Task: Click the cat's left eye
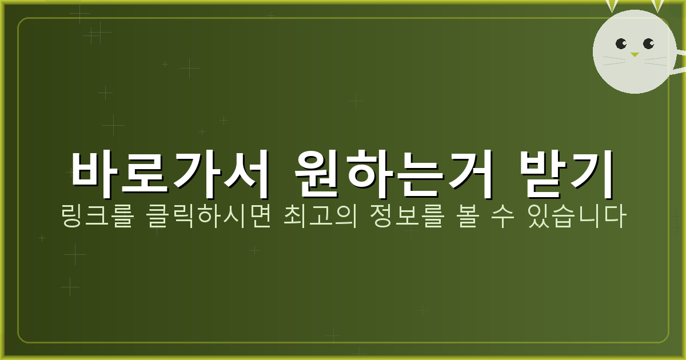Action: point(621,44)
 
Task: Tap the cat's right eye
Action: point(648,43)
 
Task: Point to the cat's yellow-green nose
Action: point(635,55)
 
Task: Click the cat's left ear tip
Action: point(612,6)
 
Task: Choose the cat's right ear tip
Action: point(657,6)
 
